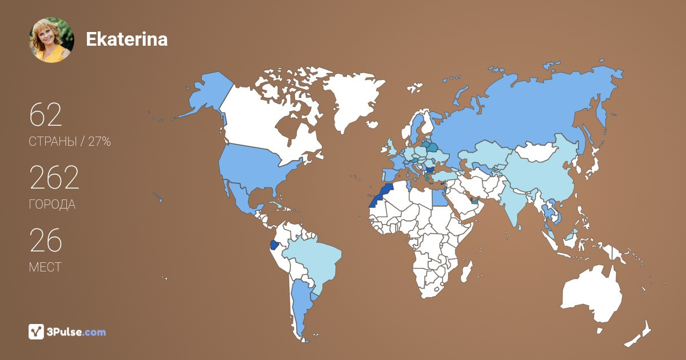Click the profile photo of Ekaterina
click(51, 39)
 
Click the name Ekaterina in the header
click(126, 39)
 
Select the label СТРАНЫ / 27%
click(70, 142)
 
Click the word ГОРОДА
click(52, 205)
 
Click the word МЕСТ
click(45, 267)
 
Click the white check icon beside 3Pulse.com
click(37, 331)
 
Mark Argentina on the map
click(301, 306)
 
